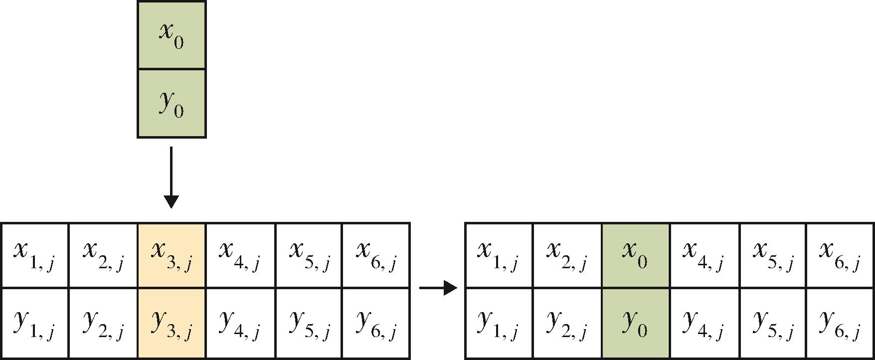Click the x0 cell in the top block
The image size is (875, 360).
tap(172, 35)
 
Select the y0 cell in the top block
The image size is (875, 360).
tap(172, 103)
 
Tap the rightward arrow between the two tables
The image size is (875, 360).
tap(438, 288)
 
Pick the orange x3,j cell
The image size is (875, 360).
tap(172, 255)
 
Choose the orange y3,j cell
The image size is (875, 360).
tap(172, 323)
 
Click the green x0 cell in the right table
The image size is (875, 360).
tap(635, 255)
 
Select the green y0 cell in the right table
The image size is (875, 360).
tap(635, 323)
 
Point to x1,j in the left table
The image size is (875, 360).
tap(34, 255)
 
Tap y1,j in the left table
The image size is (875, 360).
tap(34, 323)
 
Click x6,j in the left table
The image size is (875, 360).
tap(376, 255)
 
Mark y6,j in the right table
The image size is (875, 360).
tap(840, 323)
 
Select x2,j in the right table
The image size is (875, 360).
tap(567, 255)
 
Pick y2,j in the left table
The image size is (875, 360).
tap(103, 323)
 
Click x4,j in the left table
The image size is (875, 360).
tap(240, 255)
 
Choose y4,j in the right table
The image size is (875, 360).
tap(703, 323)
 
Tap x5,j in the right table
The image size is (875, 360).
tap(772, 255)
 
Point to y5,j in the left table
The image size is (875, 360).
tap(308, 323)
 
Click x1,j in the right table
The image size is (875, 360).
tap(499, 255)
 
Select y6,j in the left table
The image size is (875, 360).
tap(376, 323)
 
